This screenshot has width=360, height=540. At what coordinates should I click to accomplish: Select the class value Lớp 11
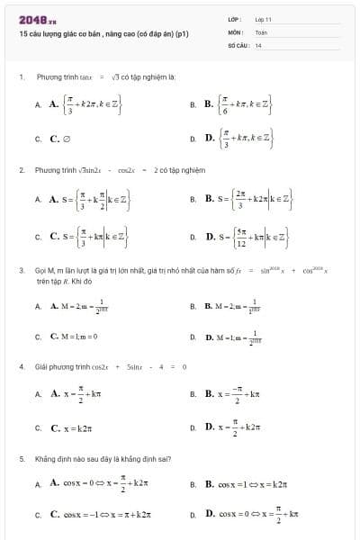(x=263, y=19)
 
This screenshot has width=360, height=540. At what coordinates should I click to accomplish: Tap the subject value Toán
(x=261, y=31)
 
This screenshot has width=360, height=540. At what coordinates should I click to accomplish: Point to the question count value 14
(x=258, y=44)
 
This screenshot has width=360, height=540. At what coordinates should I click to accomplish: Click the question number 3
(x=21, y=269)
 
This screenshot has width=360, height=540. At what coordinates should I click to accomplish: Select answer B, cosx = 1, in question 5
(x=238, y=484)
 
